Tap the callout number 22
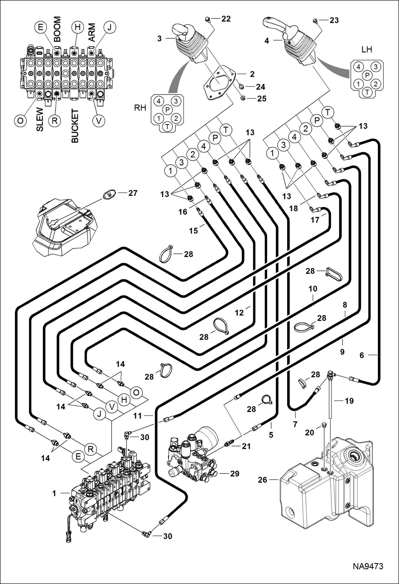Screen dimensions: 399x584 pyautogui.click(x=226, y=19)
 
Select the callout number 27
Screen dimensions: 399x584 pyautogui.click(x=133, y=193)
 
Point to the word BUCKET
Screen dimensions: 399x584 pyautogui.click(x=75, y=126)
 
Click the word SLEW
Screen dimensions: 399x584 pyautogui.click(x=40, y=119)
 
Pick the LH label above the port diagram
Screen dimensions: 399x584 pyautogui.click(x=367, y=50)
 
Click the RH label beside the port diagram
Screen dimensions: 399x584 pyautogui.click(x=140, y=108)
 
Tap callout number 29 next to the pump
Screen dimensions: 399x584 pyautogui.click(x=235, y=474)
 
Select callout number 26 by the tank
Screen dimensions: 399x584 pyautogui.click(x=262, y=480)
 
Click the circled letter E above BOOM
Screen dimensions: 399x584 pyautogui.click(x=40, y=27)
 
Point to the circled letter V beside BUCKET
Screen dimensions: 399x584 pyautogui.click(x=99, y=121)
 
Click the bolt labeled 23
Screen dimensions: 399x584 pyautogui.click(x=315, y=21)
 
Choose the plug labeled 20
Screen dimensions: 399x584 pyautogui.click(x=324, y=425)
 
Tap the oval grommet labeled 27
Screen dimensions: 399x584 pyautogui.click(x=109, y=194)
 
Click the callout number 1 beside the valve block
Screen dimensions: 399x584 pyautogui.click(x=54, y=493)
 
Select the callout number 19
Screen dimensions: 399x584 pyautogui.click(x=349, y=401)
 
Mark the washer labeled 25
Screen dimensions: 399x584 pyautogui.click(x=243, y=98)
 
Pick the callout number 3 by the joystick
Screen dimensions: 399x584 pyautogui.click(x=160, y=39)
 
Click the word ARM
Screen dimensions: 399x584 pyautogui.click(x=92, y=32)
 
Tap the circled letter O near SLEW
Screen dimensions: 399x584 pyautogui.click(x=20, y=121)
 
